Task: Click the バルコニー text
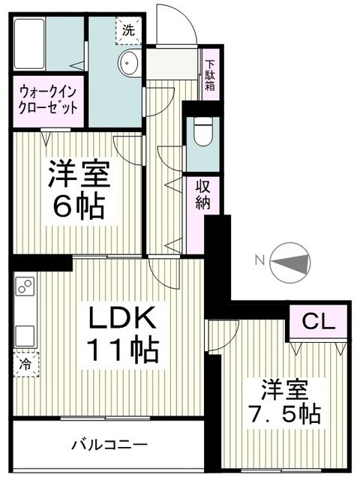pyautogui.click(x=109, y=442)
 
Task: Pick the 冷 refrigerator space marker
pyautogui.click(x=25, y=365)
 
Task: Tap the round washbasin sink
pyautogui.click(x=130, y=63)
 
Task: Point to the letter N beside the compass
pyautogui.click(x=259, y=261)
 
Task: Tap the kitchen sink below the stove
pyautogui.click(x=23, y=333)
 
